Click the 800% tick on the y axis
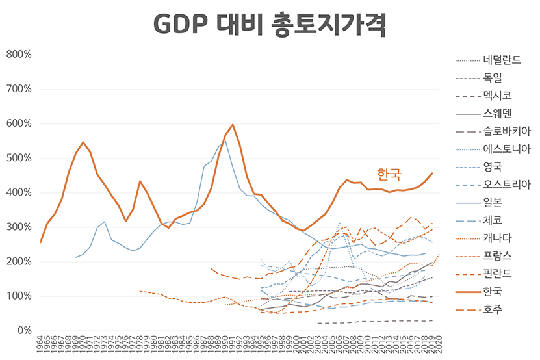point(19,55)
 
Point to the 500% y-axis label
point(19,158)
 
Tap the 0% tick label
point(24,331)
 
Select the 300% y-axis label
point(19,227)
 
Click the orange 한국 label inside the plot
point(389,174)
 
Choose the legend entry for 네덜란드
point(502,61)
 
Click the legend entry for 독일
point(493,78)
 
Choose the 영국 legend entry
point(493,166)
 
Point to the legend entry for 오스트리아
point(507,183)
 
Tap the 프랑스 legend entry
point(497,255)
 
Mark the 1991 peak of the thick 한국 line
point(233,124)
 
